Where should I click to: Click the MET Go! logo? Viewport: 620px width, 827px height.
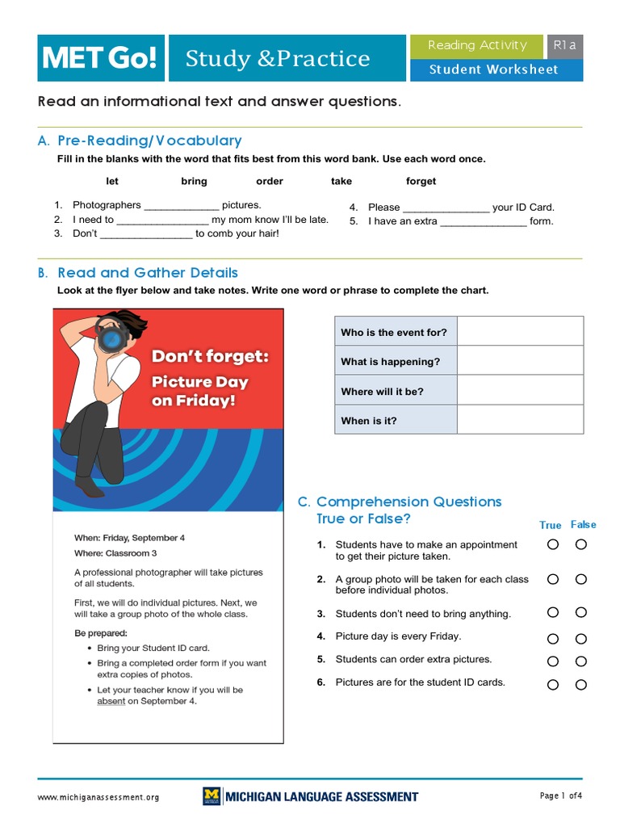pos(100,58)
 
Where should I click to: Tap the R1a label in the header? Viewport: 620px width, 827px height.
pos(564,46)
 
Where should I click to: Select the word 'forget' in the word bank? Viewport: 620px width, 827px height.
pos(421,181)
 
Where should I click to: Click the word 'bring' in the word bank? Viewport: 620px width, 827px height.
pos(194,181)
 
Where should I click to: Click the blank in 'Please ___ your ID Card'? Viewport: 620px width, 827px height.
pos(446,208)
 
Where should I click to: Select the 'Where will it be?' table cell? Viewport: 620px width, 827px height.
pos(396,391)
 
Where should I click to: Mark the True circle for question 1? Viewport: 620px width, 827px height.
pos(552,544)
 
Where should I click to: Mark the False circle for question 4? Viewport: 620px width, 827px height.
pos(580,639)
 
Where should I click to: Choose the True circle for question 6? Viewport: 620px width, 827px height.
pos(552,685)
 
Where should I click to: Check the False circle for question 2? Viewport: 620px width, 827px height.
pos(580,579)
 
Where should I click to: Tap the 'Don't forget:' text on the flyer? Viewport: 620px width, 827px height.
pos(211,357)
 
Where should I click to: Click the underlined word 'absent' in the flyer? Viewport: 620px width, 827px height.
pos(111,701)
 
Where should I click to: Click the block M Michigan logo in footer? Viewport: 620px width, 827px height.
pos(212,796)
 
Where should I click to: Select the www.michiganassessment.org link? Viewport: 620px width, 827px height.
pos(98,797)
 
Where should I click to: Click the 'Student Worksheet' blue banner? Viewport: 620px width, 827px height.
pos(494,69)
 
